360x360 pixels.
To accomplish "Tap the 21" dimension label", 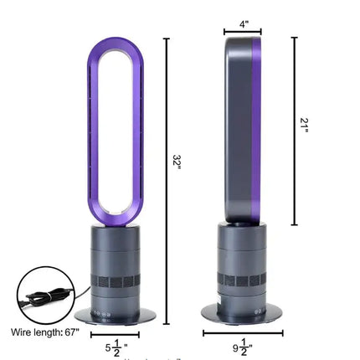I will (307, 126).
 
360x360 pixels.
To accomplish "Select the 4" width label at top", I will (244, 24).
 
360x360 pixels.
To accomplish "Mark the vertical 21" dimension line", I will (294, 131).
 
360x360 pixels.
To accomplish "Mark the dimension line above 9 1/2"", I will (243, 332).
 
